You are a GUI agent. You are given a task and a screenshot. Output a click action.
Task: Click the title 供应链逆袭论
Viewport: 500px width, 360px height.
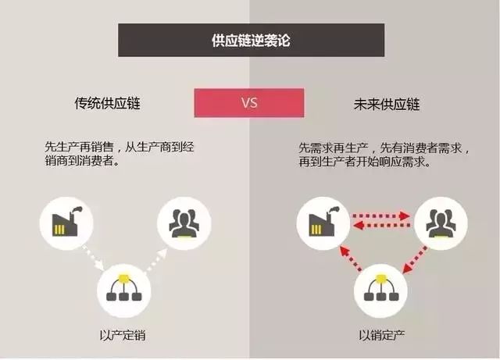coord(251,41)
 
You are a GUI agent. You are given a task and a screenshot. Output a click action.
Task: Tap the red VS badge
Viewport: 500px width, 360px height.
coord(249,102)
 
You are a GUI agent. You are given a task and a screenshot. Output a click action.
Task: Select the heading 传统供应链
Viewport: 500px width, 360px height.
coord(108,103)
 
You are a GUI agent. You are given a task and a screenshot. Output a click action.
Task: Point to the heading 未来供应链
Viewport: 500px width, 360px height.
coord(387,105)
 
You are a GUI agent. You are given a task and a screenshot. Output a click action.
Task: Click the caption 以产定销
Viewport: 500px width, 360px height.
coord(123,335)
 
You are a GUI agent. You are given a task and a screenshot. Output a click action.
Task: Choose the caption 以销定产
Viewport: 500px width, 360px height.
coord(382,335)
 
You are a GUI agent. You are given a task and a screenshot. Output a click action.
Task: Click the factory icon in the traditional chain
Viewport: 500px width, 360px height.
coord(66,223)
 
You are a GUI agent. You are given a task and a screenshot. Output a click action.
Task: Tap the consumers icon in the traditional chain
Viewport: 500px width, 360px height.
coord(184,223)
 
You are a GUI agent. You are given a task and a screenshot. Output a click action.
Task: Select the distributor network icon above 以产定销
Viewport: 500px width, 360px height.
coord(123,290)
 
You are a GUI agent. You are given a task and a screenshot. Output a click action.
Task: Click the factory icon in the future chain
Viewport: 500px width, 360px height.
coord(323,223)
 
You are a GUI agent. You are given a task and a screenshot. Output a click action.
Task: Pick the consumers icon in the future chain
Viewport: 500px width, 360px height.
coord(441,223)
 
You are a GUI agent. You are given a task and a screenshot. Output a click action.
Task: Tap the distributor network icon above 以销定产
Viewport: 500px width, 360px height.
coord(380,290)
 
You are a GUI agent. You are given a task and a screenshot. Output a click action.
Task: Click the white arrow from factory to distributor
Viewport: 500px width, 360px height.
coord(94,257)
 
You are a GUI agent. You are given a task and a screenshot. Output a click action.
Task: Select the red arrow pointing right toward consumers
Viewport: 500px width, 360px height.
coord(381,216)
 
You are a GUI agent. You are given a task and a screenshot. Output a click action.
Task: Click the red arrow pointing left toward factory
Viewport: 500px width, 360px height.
coord(382,226)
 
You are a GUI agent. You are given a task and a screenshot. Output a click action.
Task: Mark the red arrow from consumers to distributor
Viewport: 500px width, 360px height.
coord(415,259)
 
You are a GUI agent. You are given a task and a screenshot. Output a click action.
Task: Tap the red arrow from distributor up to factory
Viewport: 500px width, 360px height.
coord(351,258)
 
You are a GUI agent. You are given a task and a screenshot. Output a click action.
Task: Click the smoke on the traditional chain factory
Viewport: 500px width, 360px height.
coord(77,209)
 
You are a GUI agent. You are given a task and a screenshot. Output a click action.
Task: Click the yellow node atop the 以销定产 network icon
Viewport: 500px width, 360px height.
coord(380,279)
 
